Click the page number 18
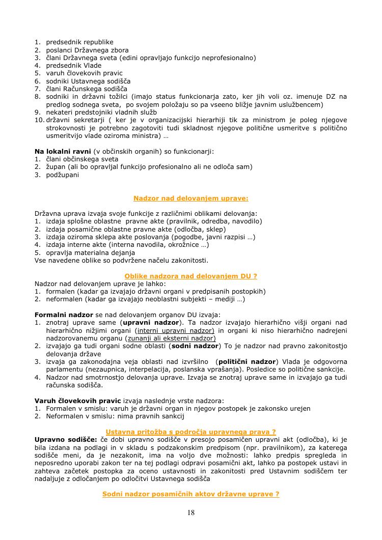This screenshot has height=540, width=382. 190,513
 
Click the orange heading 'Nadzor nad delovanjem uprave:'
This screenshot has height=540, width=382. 190,198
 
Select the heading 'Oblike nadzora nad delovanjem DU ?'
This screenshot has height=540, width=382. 190,276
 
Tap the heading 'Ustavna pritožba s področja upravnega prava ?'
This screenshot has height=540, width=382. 190,432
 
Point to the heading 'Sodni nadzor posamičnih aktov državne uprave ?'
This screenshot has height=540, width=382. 190,494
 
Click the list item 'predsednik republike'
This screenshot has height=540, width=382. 79,42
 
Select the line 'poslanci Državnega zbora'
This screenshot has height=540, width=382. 87,50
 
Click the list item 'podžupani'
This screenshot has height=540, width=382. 63,175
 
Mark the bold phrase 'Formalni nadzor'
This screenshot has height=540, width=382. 64,315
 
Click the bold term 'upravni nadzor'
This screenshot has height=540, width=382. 151,323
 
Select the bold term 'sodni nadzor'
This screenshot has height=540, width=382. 194,346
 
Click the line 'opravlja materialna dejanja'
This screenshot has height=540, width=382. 90,252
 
